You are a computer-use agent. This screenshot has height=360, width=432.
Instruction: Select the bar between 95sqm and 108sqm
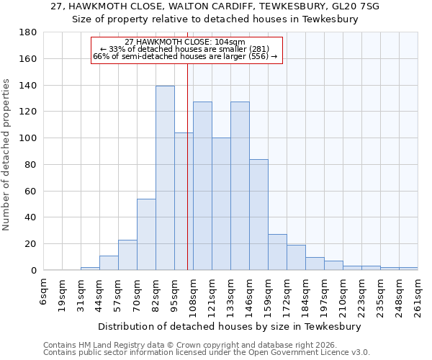pyautogui.click(x=184, y=202)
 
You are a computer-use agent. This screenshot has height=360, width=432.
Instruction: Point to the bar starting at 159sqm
pyautogui.click(x=277, y=252)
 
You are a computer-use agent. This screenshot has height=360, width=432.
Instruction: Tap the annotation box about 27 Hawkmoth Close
pyautogui.click(x=186, y=49)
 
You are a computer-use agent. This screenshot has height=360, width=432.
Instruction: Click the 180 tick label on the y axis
pyautogui.click(x=29, y=32)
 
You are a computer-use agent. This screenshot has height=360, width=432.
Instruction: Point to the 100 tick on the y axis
pyautogui.click(x=29, y=138)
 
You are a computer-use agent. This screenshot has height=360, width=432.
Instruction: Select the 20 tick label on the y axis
pyautogui.click(x=32, y=244)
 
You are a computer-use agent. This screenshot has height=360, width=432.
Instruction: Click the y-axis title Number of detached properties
pyautogui.click(x=7, y=166)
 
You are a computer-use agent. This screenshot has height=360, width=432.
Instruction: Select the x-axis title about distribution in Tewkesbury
pyautogui.click(x=230, y=326)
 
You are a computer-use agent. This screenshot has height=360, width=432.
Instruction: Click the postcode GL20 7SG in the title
pyautogui.click(x=353, y=6)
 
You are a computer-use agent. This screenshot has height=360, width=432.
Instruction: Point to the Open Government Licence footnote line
pyautogui.click(x=207, y=353)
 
